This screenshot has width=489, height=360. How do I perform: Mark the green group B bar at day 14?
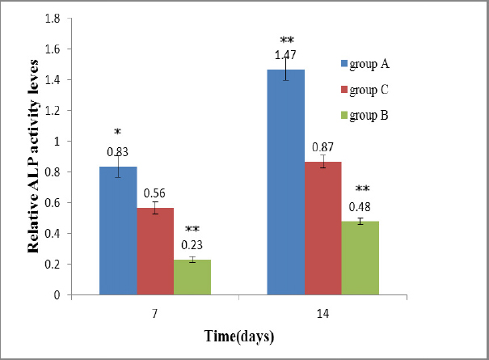pos(360,258)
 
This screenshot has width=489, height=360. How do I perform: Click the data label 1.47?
pos(286,55)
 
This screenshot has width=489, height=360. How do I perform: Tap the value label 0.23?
pos(192,245)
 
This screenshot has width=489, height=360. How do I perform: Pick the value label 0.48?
pos(360,205)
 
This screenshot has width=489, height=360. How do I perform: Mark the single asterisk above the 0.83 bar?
pos(118,132)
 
